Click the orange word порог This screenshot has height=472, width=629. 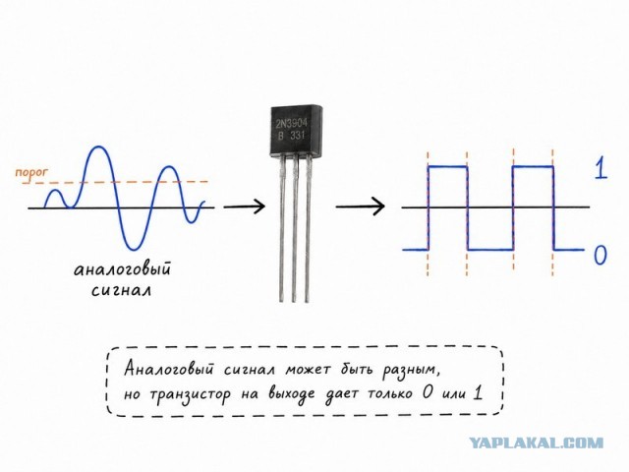31,173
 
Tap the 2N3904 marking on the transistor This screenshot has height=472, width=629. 291,122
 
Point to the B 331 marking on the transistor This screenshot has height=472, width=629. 292,136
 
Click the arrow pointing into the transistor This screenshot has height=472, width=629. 245,206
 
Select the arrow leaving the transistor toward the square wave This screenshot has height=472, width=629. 361,206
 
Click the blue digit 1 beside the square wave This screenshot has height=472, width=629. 600,167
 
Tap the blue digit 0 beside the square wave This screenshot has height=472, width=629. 600,255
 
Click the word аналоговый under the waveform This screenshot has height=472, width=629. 122,268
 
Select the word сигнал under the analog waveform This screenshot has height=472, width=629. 122,290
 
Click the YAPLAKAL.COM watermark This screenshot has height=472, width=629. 537,442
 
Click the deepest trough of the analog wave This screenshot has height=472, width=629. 133,249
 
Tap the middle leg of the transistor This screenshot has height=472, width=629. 295,228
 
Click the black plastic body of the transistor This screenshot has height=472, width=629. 296,131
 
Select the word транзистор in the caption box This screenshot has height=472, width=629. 190,395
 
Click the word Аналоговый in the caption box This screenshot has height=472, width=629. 169,369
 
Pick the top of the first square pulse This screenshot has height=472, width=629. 448,166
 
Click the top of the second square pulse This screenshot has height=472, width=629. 533,166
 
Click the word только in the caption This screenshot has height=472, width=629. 391,393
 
